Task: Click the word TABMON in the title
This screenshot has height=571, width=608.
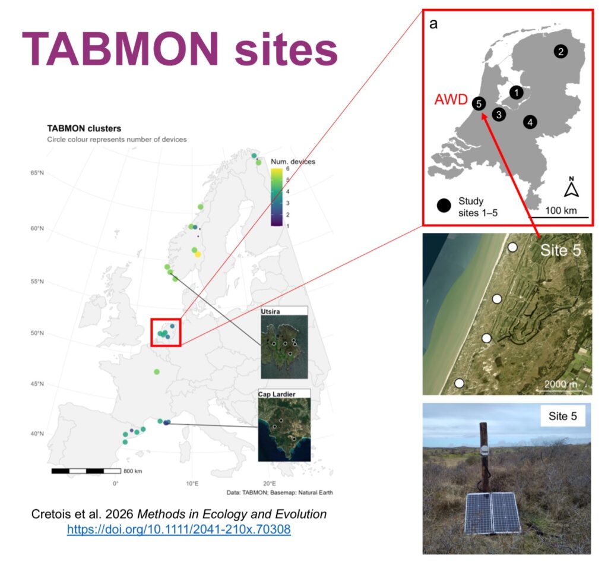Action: [x=121, y=49]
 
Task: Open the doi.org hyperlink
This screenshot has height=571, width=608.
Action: [x=179, y=529]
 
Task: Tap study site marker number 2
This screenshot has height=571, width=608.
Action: [x=560, y=51]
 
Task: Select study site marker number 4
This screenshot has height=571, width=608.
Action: [x=530, y=122]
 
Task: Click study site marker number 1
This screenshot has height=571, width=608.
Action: [x=516, y=92]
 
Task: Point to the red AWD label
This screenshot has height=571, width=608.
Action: [x=451, y=100]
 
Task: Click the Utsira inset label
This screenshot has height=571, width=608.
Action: [x=270, y=311]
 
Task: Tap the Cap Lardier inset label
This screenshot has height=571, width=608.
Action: [x=277, y=394]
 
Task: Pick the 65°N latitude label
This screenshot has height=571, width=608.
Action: [x=37, y=173]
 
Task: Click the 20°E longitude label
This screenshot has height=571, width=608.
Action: [x=270, y=483]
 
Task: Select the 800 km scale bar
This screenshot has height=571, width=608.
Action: [x=86, y=471]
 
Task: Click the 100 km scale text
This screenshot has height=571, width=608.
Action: [x=560, y=210]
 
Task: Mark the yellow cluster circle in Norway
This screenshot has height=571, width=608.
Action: [x=198, y=254]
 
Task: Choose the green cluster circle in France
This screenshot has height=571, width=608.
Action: [x=157, y=371]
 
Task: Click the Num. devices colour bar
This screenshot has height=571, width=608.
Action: [x=277, y=197]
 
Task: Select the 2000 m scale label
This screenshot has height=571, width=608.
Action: [x=560, y=384]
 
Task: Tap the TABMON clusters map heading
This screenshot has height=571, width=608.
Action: [x=84, y=128]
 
